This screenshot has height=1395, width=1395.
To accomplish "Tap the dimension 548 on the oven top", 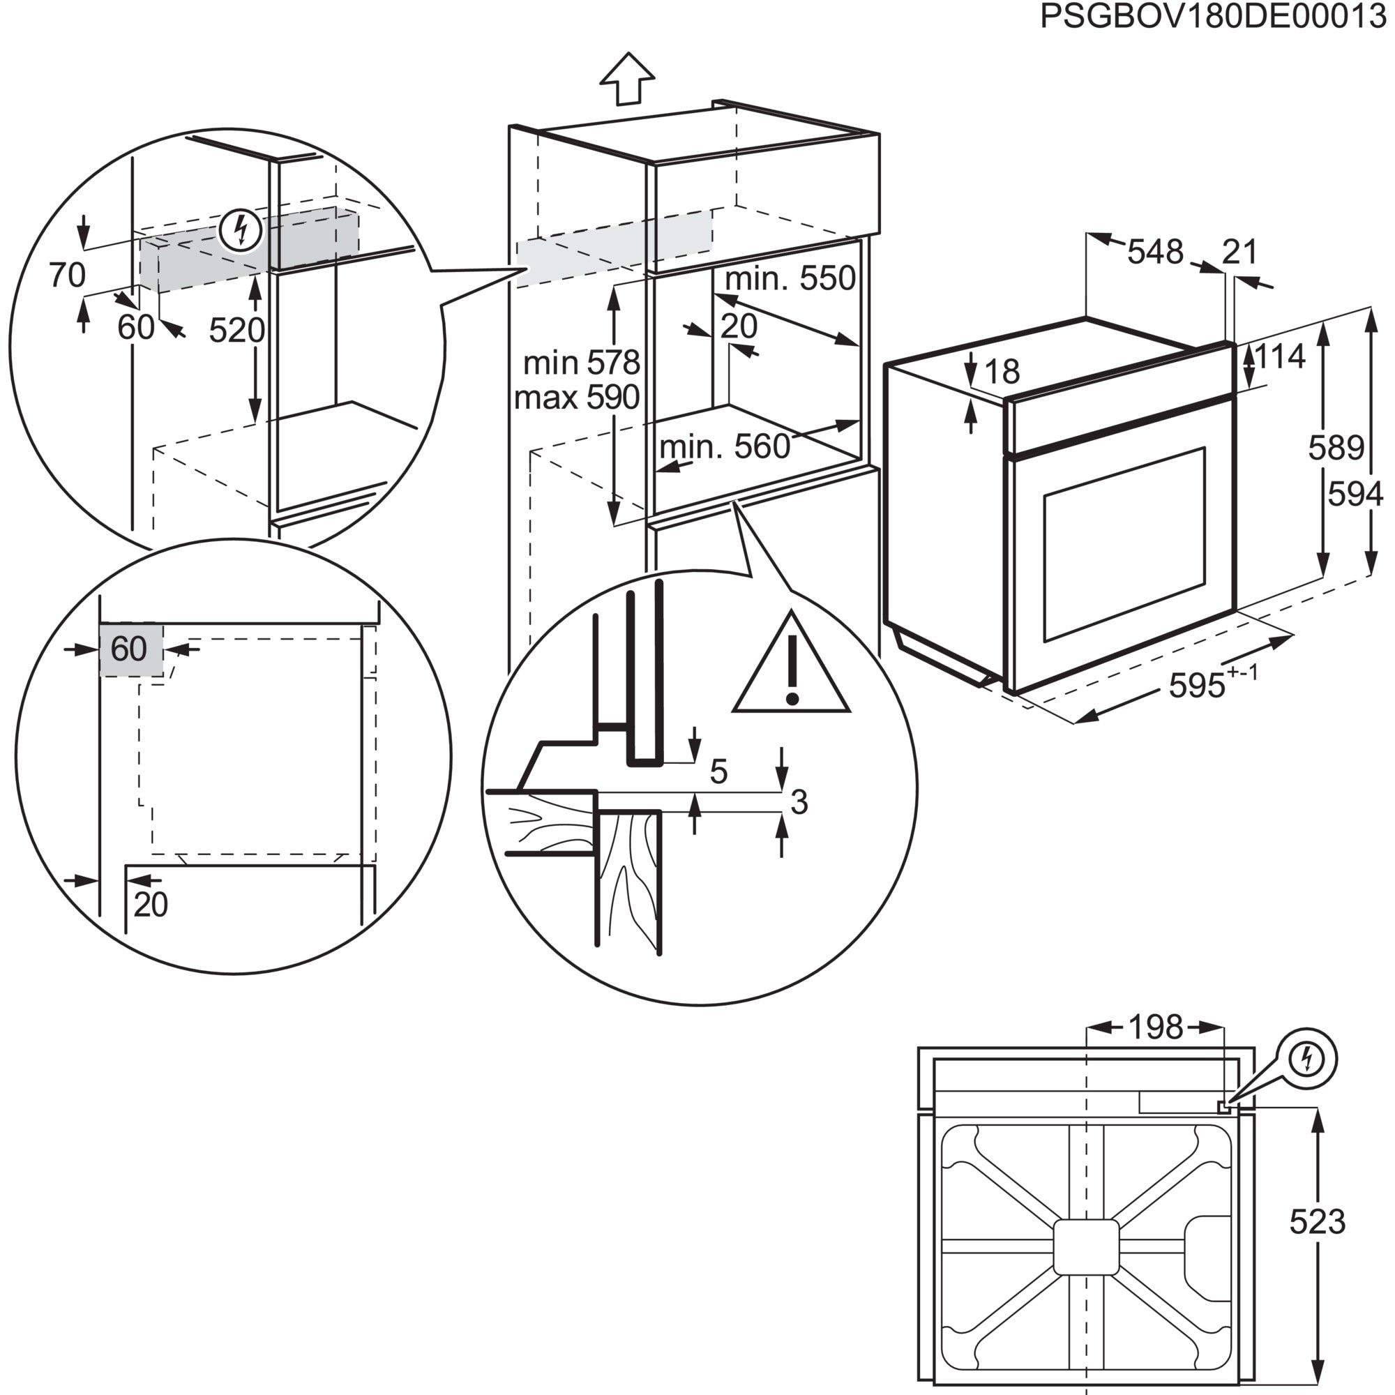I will coord(1155,252).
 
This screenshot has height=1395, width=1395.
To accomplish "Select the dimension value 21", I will coord(1239,252).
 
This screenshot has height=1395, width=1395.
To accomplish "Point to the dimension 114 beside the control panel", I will coord(1280,356).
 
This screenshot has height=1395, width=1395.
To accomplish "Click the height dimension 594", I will coord(1355,495).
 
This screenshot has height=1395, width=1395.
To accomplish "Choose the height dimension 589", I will coord(1336,448).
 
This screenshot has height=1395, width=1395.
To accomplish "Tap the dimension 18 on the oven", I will coord(1002,372).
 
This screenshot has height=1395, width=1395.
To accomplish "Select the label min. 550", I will coord(790,279).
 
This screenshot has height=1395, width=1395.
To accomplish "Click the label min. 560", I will coord(724,447).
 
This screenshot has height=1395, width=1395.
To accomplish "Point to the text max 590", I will coord(577,397).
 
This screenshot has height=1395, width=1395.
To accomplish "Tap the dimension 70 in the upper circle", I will coord(67,275).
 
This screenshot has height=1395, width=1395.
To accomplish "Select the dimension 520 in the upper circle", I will coord(237,331).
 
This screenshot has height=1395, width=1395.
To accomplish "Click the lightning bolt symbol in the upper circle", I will coord(241,230).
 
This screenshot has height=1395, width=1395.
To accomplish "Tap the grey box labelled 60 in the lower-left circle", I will coord(130,650).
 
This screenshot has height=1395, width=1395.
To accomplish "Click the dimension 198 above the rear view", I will coord(1155,1027).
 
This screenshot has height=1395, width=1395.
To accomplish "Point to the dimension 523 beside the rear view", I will coord(1317,1222).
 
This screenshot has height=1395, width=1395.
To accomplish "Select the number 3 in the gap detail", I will coord(799,802).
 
